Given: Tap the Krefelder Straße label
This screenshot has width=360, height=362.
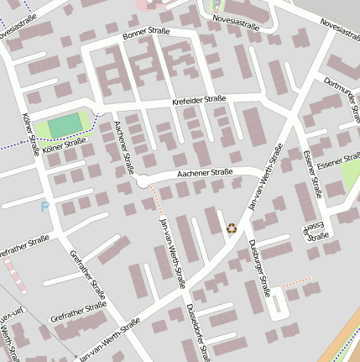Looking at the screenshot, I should pos(199,101).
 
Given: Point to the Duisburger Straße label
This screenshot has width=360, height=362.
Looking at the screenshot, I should pos(259,268).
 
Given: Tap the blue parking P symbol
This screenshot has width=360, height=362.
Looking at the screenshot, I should pos(44,206).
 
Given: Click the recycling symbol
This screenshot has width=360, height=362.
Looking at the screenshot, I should pos(232,227).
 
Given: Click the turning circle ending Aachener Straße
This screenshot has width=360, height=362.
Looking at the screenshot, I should pos(143,181).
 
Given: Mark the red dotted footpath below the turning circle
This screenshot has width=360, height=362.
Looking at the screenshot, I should pos(155,198).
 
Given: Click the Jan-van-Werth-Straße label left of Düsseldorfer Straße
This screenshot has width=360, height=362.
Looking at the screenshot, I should pos(171,251).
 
